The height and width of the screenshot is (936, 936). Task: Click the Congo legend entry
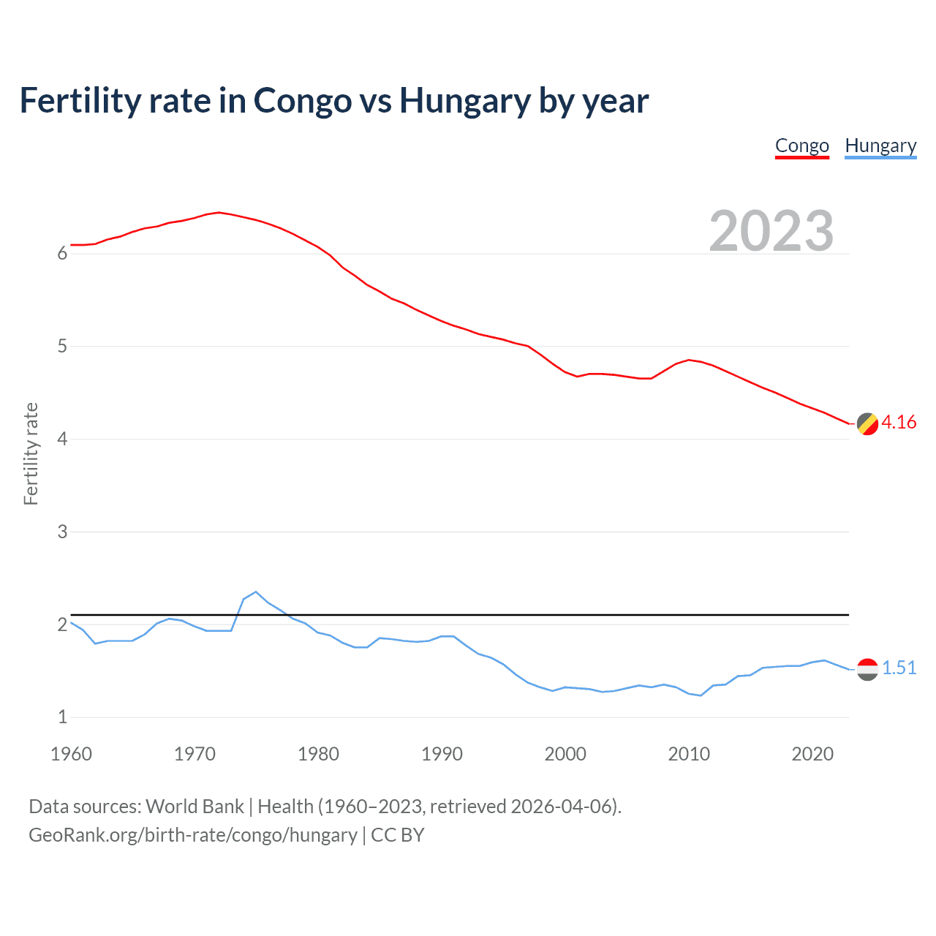coord(801,146)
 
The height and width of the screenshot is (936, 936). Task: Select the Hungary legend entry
coord(880,146)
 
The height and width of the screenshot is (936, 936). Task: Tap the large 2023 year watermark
coord(771,231)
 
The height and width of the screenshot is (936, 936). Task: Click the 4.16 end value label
coord(899,422)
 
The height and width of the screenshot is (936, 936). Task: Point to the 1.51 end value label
coord(899,668)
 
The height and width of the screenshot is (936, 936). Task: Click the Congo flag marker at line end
coord(867,423)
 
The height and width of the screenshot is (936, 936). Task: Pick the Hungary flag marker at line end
coord(867,668)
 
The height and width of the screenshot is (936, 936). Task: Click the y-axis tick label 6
coord(62,254)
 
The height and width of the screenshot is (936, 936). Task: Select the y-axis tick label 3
coord(62,532)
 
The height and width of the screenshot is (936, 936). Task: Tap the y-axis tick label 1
coord(62,717)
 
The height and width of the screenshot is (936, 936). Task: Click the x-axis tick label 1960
coord(71,754)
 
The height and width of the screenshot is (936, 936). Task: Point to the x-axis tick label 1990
coord(442,754)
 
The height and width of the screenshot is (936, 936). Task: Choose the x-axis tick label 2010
coord(689,754)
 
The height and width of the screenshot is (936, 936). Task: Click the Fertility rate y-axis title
coord(31,453)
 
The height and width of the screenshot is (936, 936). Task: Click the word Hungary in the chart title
coord(464,101)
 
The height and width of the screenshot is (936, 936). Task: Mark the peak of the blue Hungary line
coord(256,592)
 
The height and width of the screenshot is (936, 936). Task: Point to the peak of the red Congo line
coord(219,212)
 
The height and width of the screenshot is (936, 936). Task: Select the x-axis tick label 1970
coord(195,754)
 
